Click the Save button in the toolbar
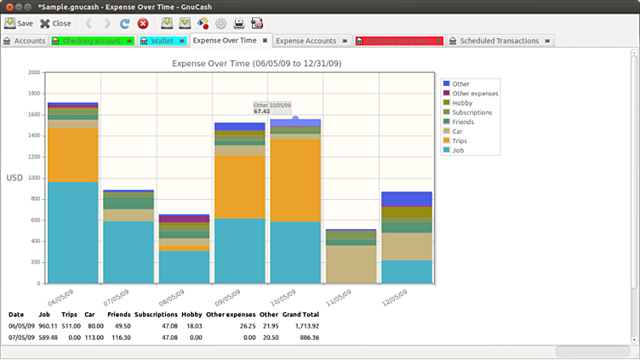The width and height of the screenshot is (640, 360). [x=19, y=24]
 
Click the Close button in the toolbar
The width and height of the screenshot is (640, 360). [x=55, y=24]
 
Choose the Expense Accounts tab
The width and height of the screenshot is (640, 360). [x=306, y=41]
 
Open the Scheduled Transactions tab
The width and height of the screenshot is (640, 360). [x=499, y=41]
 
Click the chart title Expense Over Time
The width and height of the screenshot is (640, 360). [x=257, y=63]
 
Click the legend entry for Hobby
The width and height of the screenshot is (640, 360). [x=464, y=103]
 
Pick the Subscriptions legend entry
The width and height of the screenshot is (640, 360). [x=471, y=112]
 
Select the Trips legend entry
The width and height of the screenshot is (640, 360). [x=460, y=140]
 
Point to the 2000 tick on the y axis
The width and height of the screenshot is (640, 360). [x=33, y=72]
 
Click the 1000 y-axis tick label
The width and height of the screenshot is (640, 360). [x=33, y=178]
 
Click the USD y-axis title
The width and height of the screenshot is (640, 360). [x=14, y=178]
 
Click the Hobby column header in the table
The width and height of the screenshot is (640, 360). [x=191, y=315]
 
